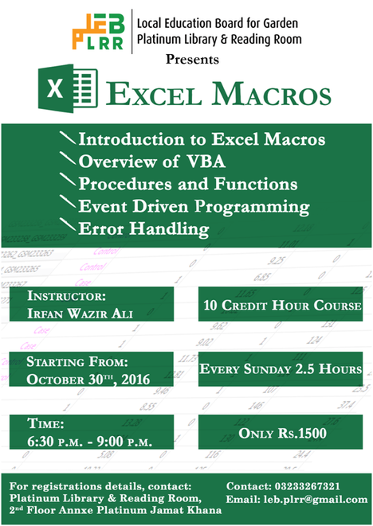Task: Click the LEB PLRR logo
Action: coord(99,32)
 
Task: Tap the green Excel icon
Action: coord(69,88)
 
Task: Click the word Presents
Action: coord(192,60)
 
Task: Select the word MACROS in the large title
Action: coord(272,94)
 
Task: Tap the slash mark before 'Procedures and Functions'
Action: coord(68,180)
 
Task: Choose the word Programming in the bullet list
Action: coord(252,207)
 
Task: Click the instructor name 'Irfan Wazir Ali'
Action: coord(80,314)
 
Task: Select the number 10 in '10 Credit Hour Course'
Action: coord(210,306)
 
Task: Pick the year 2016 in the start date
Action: coord(135,380)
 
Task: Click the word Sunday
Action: coord(267,369)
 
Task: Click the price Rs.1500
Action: coord(301,433)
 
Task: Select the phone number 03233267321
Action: coord(307,486)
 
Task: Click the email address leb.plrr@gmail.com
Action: coord(316,500)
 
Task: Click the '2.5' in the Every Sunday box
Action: coord(304,368)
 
